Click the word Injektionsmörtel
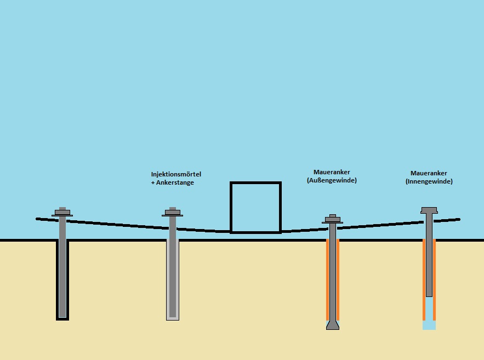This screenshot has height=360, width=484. (173, 174)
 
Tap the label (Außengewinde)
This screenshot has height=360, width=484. (332, 180)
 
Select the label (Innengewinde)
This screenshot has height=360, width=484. (429, 181)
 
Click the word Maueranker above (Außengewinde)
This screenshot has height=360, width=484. (332, 172)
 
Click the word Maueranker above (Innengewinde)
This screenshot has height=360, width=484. (429, 173)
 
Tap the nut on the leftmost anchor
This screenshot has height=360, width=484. (62, 212)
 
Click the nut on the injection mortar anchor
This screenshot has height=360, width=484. (173, 212)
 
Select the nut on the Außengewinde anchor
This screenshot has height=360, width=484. (332, 219)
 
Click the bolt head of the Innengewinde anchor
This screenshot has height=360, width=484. (429, 210)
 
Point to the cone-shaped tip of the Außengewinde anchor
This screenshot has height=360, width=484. (332, 325)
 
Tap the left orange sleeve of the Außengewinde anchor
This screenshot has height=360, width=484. (328, 279)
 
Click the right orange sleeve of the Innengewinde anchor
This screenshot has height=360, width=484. (434, 279)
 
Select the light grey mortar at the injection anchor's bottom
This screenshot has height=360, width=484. (173, 318)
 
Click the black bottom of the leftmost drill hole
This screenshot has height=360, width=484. (62, 318)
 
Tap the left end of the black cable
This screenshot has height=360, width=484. (38, 219)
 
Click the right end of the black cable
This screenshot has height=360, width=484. (458, 219)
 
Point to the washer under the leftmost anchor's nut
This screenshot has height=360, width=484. (62, 215)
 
